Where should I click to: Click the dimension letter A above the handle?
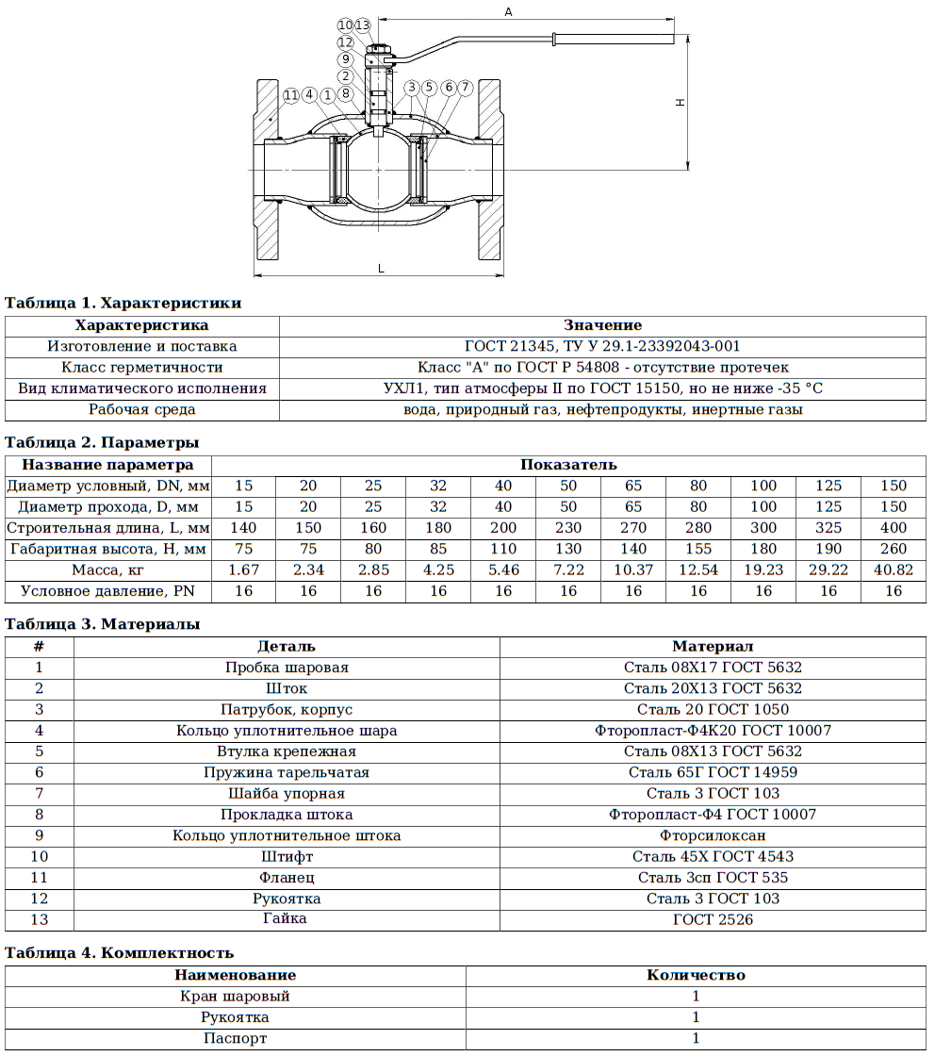pyautogui.click(x=508, y=11)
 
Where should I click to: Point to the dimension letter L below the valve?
pyautogui.click(x=381, y=269)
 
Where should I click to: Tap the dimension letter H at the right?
pyautogui.click(x=680, y=103)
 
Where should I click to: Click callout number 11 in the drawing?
pyautogui.click(x=290, y=95)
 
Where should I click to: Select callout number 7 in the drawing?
pyautogui.click(x=465, y=88)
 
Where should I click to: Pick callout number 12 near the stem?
pyautogui.click(x=346, y=41)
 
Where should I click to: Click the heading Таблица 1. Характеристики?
pyautogui.click(x=123, y=304)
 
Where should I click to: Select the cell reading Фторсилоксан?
pyautogui.click(x=713, y=835)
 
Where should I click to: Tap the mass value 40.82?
pyautogui.click(x=894, y=569)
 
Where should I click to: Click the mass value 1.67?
pyautogui.click(x=244, y=569)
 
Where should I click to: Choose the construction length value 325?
pyautogui.click(x=828, y=528)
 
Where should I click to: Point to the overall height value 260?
pyautogui.click(x=894, y=549)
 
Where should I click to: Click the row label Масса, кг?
pyautogui.click(x=108, y=569)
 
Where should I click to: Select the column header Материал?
pyautogui.click(x=713, y=647)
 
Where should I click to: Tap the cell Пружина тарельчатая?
pyautogui.click(x=287, y=772)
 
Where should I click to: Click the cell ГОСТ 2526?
pyautogui.click(x=713, y=919)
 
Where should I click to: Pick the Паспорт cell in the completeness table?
pyautogui.click(x=235, y=1038)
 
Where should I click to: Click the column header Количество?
pyautogui.click(x=696, y=975)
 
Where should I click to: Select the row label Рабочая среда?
pyautogui.click(x=142, y=410)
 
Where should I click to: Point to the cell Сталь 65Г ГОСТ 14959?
pyautogui.click(x=713, y=772)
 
